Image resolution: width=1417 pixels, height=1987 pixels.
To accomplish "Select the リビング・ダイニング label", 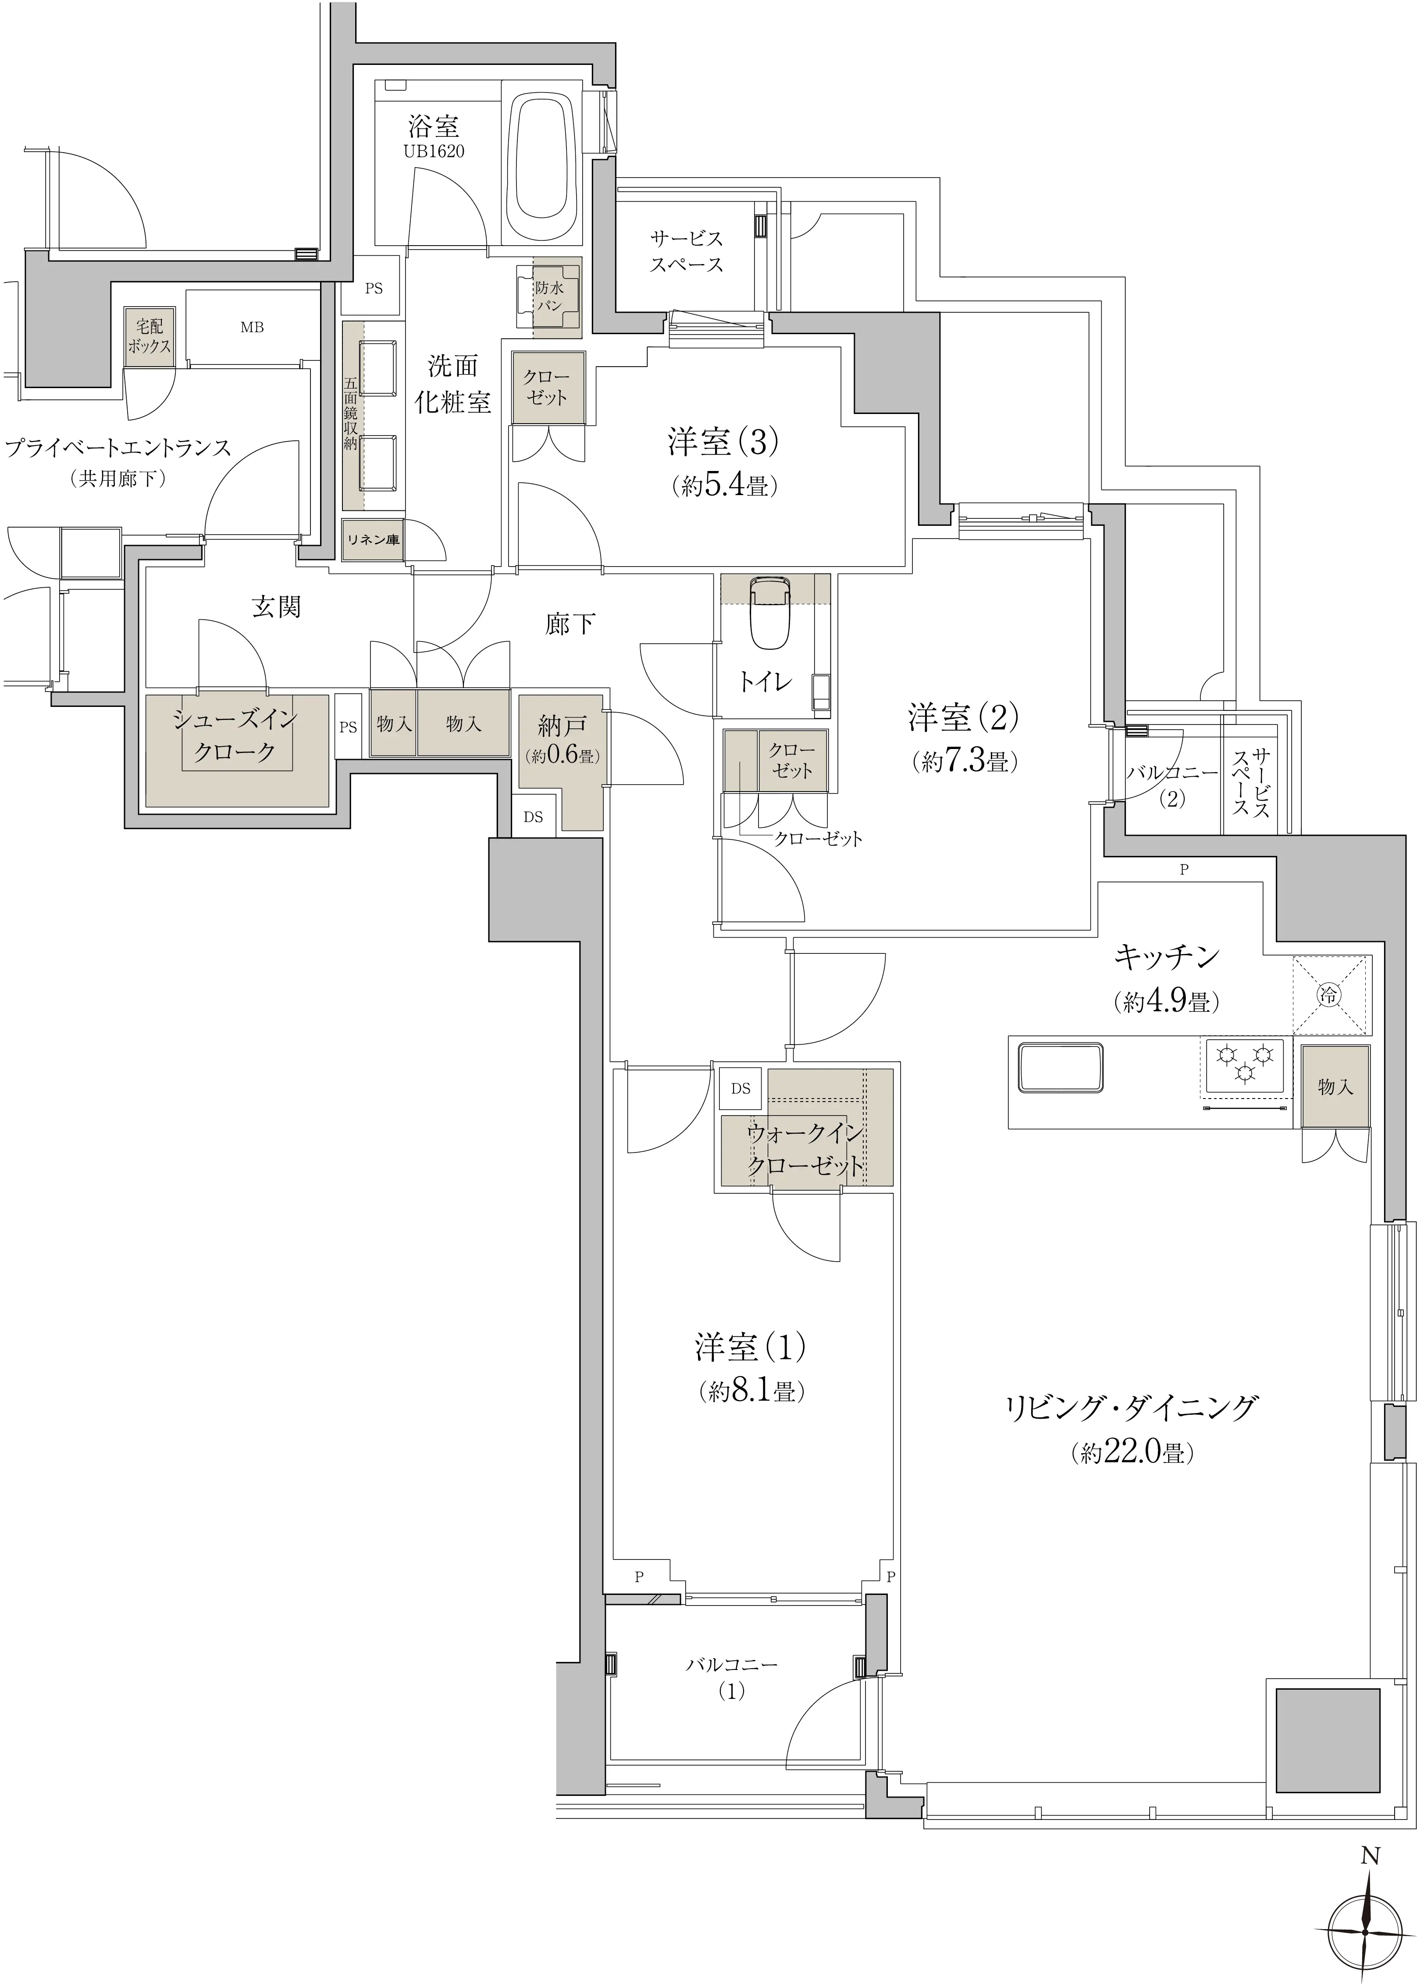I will pyautogui.click(x=1132, y=1408).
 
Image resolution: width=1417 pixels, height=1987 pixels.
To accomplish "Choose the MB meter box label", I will pyautogui.click(x=252, y=327).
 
